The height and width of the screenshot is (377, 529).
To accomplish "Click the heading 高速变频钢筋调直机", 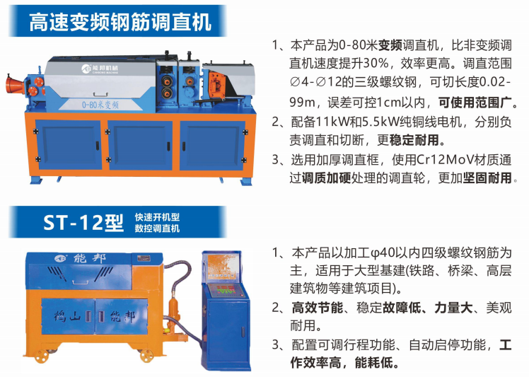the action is click(x=120, y=22).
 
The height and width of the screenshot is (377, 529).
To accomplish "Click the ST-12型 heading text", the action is click(x=83, y=222).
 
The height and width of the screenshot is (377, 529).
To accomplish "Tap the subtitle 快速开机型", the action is click(x=157, y=216).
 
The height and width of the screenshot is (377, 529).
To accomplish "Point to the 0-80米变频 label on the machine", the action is click(x=100, y=105).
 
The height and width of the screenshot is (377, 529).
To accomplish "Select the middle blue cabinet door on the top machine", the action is click(x=140, y=145).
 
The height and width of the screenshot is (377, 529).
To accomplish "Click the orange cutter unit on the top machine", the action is click(x=217, y=85).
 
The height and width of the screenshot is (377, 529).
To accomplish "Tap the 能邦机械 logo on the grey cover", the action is click(x=100, y=69).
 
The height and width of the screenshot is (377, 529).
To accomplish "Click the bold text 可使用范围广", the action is click(x=475, y=103).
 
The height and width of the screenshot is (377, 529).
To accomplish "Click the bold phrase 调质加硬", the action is click(x=326, y=178).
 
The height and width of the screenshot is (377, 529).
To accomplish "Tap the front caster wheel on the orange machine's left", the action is click(x=42, y=356).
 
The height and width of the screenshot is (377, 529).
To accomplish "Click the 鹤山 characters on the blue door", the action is click(x=67, y=317).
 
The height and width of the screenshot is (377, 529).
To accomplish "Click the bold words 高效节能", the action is click(x=317, y=308).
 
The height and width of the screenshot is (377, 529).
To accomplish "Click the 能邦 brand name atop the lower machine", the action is click(x=89, y=259).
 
